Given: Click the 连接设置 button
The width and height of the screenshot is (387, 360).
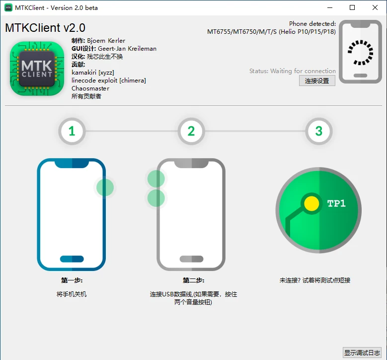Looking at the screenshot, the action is pos(317,81).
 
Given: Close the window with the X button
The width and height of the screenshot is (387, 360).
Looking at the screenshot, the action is pos(375,7).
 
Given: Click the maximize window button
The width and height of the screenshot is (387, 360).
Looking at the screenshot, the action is pos(352,7).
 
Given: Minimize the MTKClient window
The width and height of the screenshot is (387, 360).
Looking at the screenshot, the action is pos(330,7).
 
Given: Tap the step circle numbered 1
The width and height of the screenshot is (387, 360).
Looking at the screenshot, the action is pos(72,131).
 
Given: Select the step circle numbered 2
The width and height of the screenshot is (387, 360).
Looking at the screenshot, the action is pos(191,131).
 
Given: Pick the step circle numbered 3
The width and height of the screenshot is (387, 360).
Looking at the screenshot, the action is pos(319,131).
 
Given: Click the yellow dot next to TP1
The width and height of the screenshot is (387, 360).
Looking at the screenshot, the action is pos(311,203).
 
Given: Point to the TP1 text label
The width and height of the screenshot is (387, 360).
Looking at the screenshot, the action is pos(336,203).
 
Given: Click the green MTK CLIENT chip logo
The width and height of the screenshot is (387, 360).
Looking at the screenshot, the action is pos(37,69).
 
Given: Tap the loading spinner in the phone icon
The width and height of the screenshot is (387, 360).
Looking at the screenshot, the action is pos(360,53).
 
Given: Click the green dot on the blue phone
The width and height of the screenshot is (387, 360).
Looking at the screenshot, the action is pos(105,187).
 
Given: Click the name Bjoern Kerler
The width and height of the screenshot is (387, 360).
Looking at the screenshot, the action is pos(106,40).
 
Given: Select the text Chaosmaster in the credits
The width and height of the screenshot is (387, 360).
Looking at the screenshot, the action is pos(90,88).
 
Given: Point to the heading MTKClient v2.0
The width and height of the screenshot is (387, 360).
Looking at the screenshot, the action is pos(45,28).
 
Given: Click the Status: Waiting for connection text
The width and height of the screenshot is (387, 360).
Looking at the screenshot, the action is pos(293,71).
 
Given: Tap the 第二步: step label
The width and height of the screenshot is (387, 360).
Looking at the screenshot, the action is pos(194,280).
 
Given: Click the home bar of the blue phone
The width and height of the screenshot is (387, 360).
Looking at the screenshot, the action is pos(72,259).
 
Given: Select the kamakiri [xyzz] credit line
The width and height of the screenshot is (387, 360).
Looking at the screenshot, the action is pos(93,73).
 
